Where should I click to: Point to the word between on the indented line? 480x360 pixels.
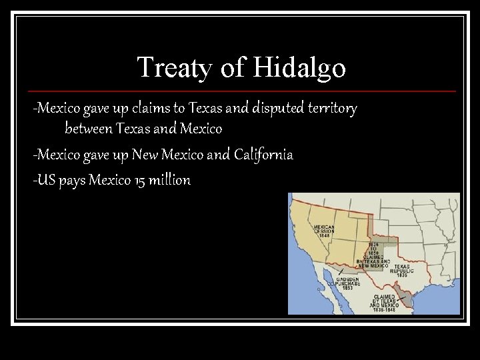(89, 127)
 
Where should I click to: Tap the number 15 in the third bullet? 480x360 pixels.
(140, 180)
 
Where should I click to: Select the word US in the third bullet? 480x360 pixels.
(47, 180)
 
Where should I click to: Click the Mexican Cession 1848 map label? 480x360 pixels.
(324, 231)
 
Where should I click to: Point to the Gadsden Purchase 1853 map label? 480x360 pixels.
(348, 283)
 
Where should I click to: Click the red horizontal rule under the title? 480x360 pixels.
(240, 91)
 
